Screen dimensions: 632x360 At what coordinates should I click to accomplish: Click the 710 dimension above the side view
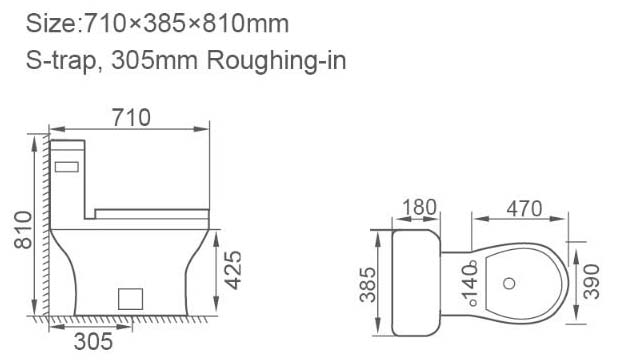[x=131, y=118]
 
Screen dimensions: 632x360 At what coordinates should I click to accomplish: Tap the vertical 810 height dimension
[x=23, y=229]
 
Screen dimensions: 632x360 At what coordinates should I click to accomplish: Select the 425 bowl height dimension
[x=233, y=270]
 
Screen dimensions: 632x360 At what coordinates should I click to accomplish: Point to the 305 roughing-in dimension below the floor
[x=93, y=342]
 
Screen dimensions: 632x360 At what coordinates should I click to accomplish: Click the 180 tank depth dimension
[x=419, y=207]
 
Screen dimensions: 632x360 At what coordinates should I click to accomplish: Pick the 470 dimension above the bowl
[x=524, y=209]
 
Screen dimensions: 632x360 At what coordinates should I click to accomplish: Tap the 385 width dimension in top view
[x=368, y=285]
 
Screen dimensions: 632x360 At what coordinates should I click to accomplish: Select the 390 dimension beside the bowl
[x=591, y=282]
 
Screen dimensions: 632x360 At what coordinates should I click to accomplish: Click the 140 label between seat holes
[x=470, y=284]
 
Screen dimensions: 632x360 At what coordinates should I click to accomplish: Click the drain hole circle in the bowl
[x=509, y=283]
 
